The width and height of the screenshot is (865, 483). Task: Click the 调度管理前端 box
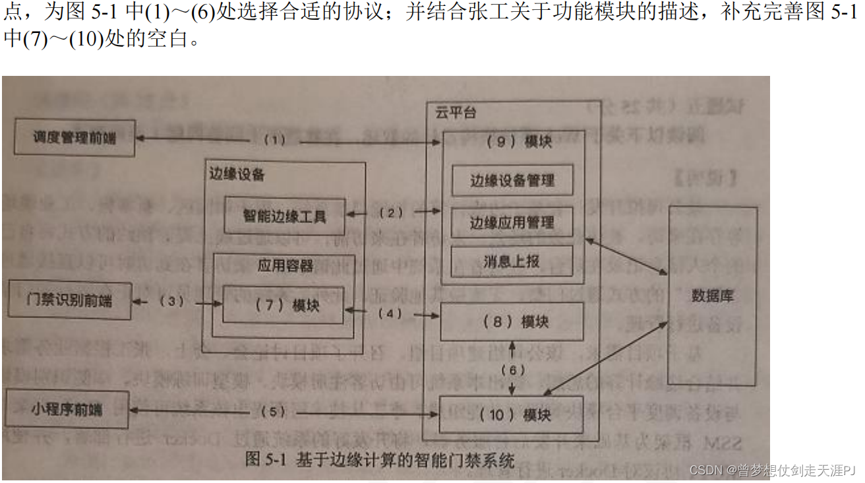click(x=75, y=138)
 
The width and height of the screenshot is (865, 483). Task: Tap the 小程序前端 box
click(x=67, y=409)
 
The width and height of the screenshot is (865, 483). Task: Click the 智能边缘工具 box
click(x=284, y=215)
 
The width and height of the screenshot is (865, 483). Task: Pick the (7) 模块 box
click(x=283, y=305)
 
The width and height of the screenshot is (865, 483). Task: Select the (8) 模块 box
click(x=512, y=321)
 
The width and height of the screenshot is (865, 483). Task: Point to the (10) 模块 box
click(x=512, y=414)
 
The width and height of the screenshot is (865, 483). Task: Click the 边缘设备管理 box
click(x=512, y=180)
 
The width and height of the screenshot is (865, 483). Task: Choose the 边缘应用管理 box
click(x=512, y=222)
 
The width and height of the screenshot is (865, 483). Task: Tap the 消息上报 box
click(x=512, y=261)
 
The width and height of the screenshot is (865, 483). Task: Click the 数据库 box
click(x=712, y=296)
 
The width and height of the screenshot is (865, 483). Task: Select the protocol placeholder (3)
click(x=171, y=301)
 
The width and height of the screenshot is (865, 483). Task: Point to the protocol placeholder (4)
click(x=391, y=313)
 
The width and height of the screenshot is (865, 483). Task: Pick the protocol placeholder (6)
click(x=512, y=370)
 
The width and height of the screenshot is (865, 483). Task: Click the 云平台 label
click(x=455, y=112)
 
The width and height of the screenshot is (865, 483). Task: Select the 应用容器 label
click(x=285, y=265)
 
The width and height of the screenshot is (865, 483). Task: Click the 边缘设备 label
click(x=237, y=174)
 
